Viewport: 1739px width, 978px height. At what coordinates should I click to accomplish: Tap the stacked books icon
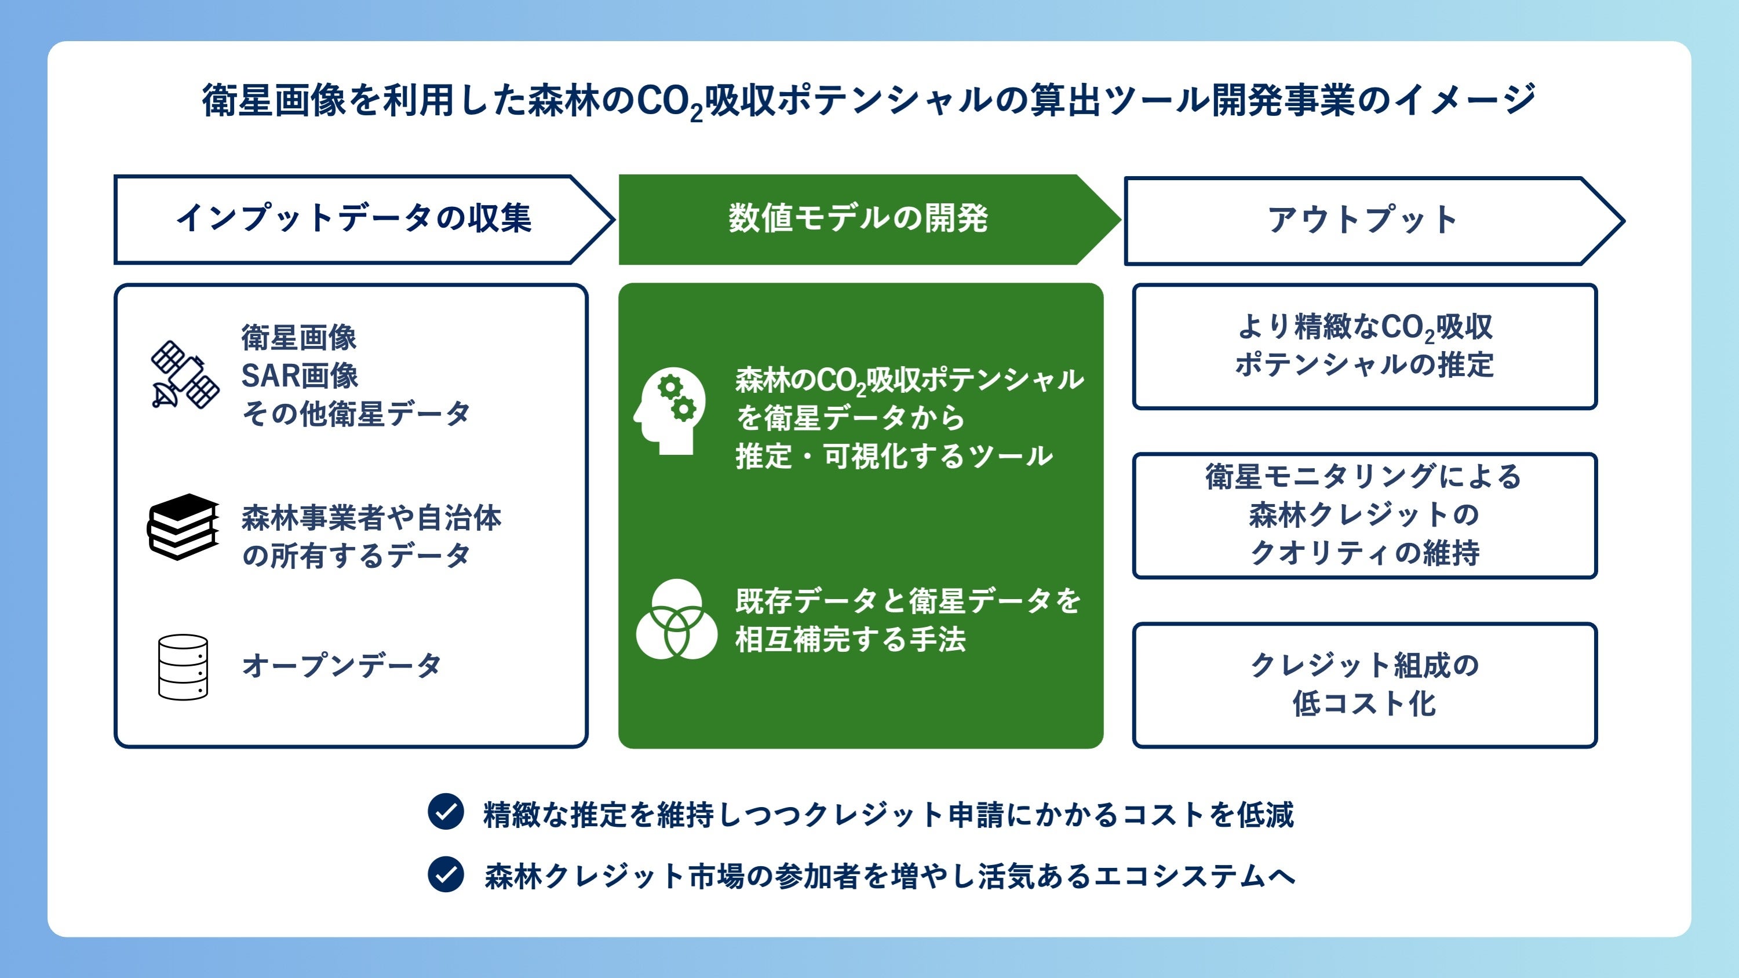183,527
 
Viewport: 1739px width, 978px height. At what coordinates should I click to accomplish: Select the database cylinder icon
183,667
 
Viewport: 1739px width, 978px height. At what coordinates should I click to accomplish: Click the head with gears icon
670,410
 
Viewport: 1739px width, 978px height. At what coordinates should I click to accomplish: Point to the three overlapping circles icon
676,619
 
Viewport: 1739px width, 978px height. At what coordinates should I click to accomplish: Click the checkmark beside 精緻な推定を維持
446,811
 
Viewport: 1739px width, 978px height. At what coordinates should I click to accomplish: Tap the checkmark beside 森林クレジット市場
446,874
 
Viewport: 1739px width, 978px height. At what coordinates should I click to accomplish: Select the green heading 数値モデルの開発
858,218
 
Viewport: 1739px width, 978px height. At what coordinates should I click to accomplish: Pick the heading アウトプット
1362,220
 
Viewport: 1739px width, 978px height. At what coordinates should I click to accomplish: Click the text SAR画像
300,376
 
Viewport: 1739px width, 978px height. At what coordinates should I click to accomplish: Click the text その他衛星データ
356,414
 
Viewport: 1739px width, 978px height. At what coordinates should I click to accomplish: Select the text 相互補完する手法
851,638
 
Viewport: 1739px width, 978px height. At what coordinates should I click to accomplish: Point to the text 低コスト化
1364,703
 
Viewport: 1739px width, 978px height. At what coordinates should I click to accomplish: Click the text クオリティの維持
1364,553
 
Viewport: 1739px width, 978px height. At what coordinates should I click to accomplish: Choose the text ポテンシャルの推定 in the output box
1364,365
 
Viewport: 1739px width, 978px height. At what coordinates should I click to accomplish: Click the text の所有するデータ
356,556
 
